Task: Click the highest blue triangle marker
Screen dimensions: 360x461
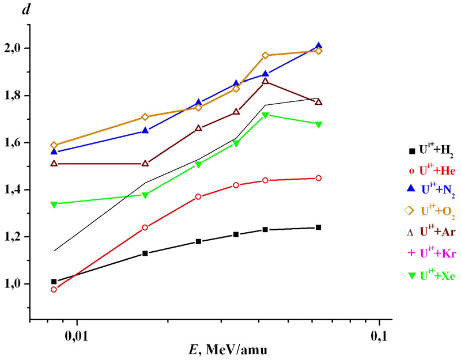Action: point(319,46)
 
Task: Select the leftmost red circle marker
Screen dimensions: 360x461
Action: point(54,289)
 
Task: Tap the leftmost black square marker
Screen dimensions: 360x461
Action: point(54,282)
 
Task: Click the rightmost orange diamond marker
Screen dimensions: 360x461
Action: point(319,51)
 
